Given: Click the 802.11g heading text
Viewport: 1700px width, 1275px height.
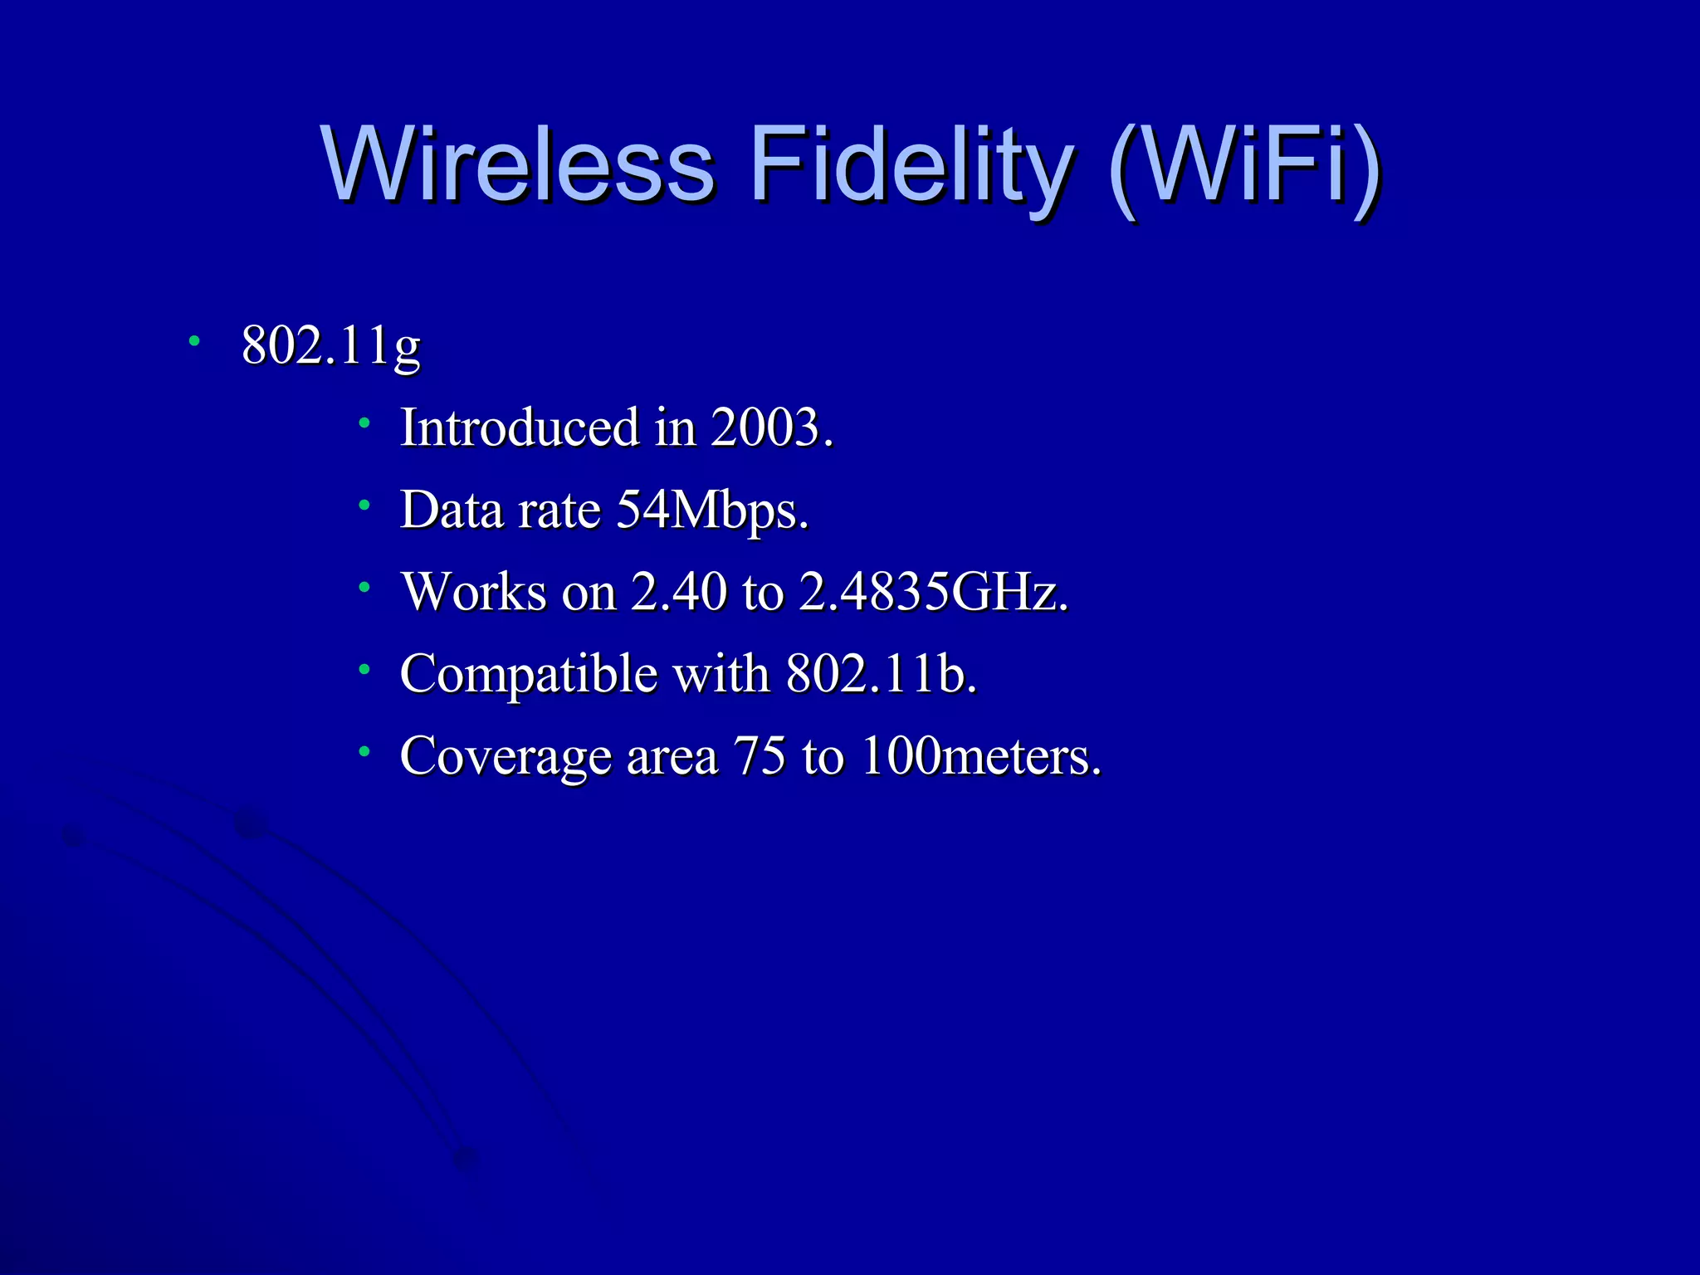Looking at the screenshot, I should (330, 345).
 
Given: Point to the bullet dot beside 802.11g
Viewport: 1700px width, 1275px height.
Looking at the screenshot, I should (194, 340).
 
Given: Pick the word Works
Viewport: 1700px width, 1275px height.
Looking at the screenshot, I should (474, 592).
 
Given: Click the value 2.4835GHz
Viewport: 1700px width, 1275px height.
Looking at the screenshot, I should (933, 592).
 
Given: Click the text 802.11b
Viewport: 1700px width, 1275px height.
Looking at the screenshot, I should (882, 673).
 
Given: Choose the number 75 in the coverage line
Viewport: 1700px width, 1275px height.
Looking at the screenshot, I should (759, 756).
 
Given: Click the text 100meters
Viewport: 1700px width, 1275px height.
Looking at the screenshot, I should (981, 756).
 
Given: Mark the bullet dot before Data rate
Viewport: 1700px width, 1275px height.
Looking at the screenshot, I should (364, 505).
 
